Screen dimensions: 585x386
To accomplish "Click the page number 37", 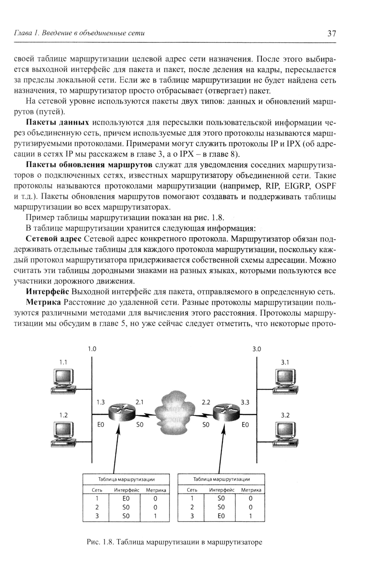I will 332,33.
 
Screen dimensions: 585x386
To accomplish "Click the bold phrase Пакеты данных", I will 58,123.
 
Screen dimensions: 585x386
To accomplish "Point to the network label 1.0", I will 91,349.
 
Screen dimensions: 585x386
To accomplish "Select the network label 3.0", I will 257,349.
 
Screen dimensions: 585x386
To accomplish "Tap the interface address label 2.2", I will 206,402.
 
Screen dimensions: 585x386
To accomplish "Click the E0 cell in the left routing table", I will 126,498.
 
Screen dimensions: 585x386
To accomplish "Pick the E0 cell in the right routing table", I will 221,516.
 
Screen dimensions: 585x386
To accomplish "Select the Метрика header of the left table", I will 156,490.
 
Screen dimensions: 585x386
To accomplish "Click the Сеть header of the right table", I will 192,490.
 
